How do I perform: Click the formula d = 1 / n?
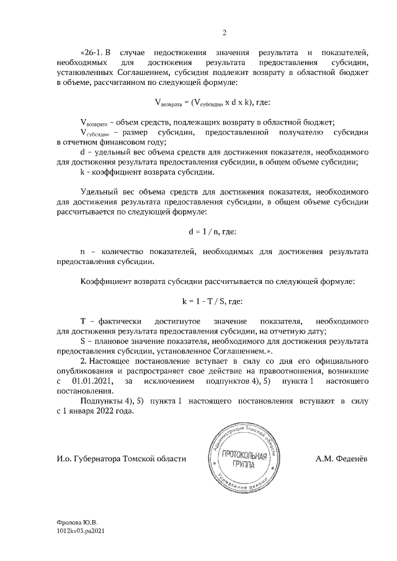[213, 232]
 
